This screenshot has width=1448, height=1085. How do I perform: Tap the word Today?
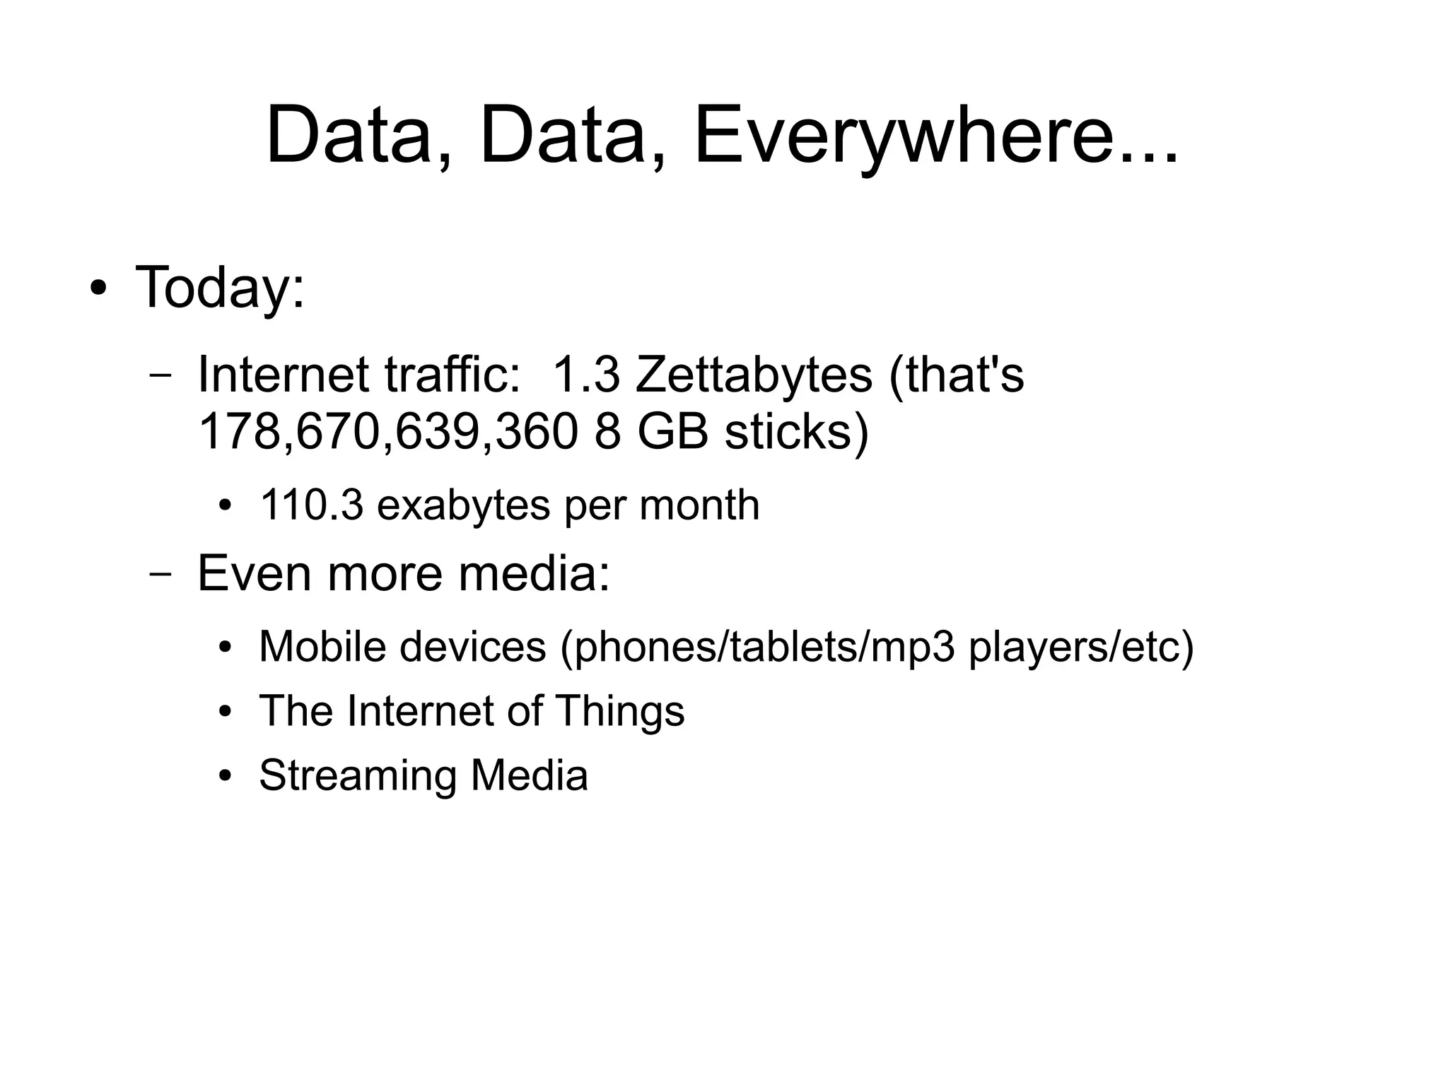(219, 288)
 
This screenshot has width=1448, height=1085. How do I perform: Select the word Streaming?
(358, 775)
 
